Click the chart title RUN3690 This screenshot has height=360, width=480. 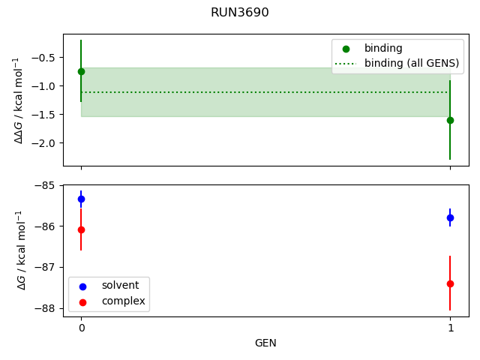(240, 13)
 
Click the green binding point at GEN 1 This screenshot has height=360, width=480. (450, 120)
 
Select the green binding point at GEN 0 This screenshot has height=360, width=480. (81, 71)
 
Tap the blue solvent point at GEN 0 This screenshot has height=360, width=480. (81, 199)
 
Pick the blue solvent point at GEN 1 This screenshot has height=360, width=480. (450, 217)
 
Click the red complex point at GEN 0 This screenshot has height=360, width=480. (81, 229)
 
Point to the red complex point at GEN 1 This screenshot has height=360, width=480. (450, 283)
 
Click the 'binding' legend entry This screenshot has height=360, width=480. (383, 48)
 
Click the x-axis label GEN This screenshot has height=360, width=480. (265, 343)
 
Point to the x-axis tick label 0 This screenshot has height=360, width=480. (81, 328)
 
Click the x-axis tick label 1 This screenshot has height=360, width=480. (450, 328)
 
